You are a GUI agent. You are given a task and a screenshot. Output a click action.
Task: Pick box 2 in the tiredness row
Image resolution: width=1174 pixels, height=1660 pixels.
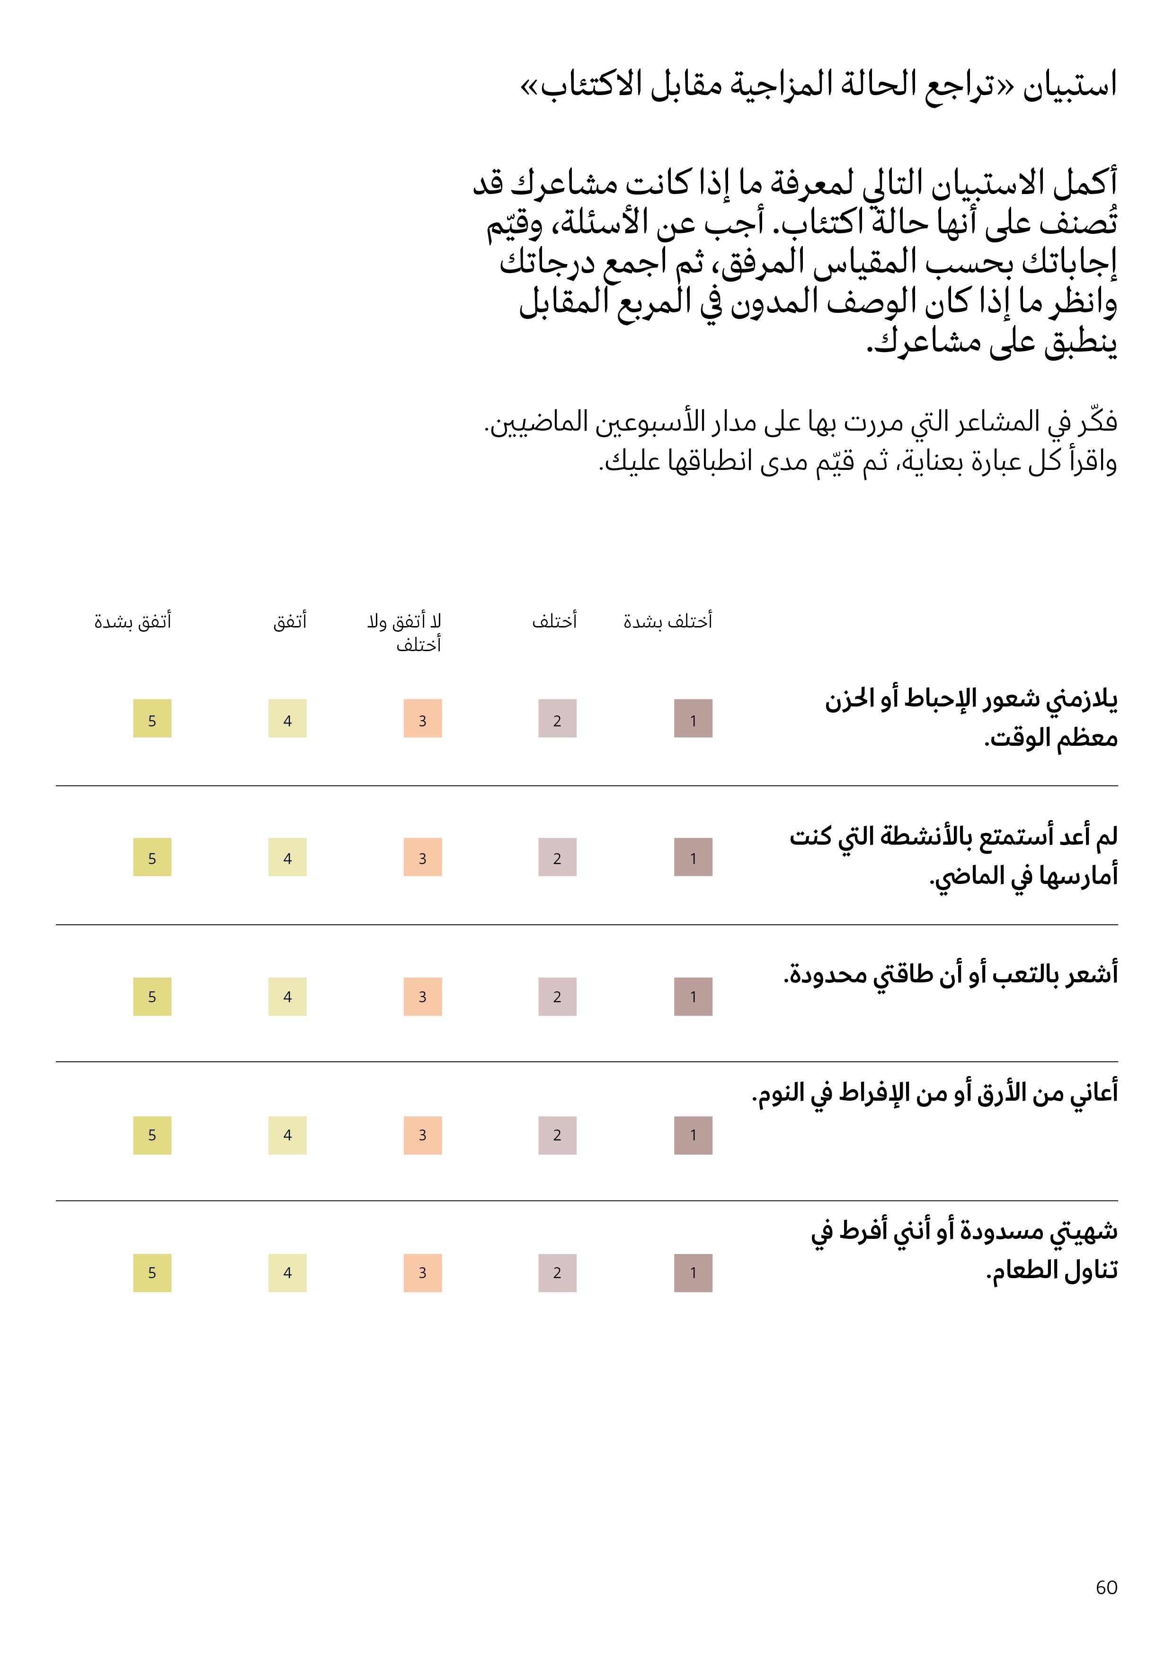(557, 996)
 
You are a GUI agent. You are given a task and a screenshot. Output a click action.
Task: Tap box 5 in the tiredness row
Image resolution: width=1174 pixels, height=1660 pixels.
(152, 996)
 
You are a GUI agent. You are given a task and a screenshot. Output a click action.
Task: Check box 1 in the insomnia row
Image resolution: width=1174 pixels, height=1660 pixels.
(693, 1135)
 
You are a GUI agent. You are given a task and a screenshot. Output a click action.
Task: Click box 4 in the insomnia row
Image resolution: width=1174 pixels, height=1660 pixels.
(287, 1135)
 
